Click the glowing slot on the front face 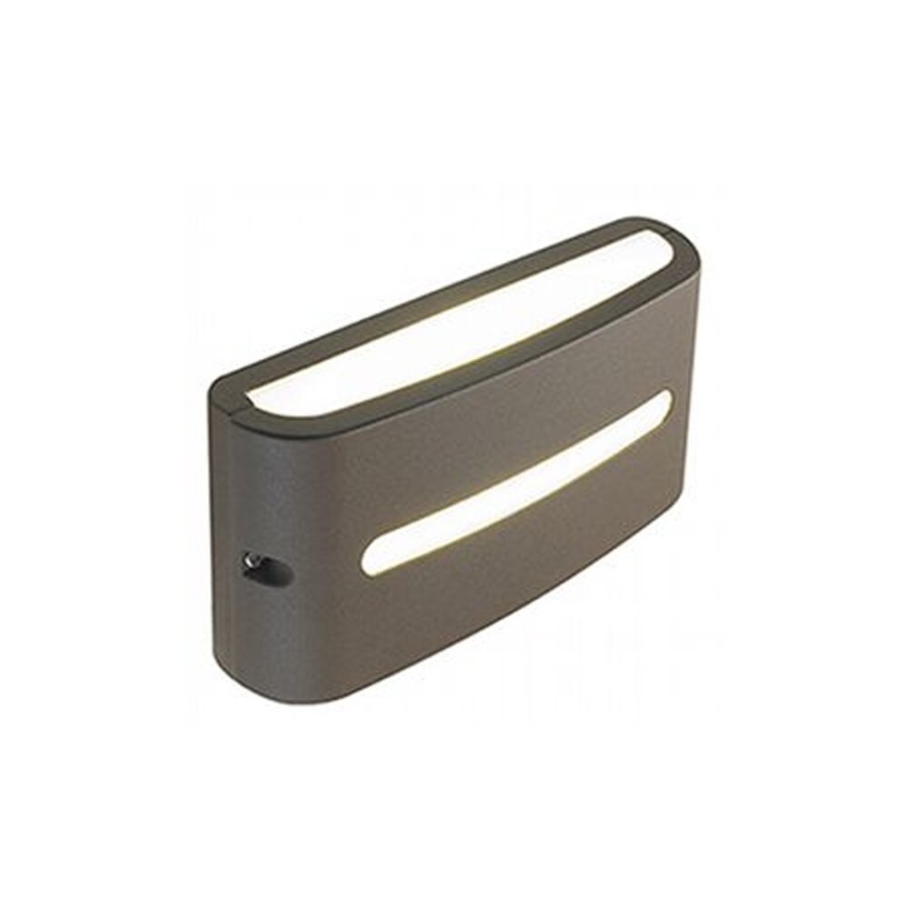(514, 487)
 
